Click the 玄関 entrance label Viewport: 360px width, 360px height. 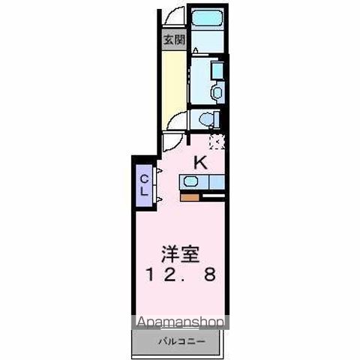click(x=172, y=40)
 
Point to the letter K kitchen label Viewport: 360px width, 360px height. click(x=201, y=161)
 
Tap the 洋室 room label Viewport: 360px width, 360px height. click(x=178, y=253)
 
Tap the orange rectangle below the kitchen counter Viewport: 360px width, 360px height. click(x=190, y=198)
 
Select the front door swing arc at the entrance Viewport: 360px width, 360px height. click(x=173, y=16)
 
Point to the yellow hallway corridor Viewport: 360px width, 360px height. click(x=172, y=82)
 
